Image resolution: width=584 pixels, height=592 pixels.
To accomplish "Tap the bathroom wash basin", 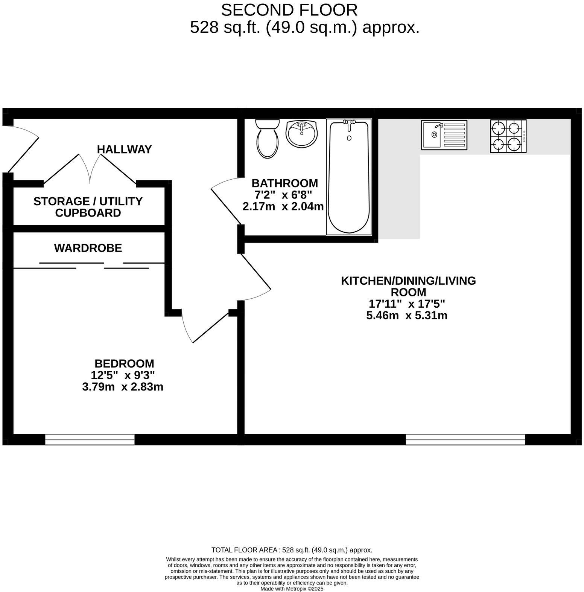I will point(301,133).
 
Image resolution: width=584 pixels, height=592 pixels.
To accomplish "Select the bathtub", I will point(349,177).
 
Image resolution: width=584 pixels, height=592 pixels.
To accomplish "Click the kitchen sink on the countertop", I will point(444,135).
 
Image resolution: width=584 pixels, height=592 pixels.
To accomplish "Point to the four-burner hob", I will point(508,136).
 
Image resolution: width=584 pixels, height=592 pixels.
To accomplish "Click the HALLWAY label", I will point(124,150).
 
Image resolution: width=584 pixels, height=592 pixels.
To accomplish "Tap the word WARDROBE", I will point(88,248).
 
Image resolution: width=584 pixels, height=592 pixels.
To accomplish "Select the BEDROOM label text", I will point(124,364).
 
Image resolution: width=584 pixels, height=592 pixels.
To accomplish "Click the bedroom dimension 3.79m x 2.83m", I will point(123,387).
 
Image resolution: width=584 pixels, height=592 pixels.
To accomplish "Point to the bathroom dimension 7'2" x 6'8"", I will point(283,195).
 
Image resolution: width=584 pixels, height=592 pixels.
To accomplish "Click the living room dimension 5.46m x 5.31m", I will point(407,316).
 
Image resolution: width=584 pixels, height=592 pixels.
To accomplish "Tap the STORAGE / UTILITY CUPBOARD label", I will point(88,207).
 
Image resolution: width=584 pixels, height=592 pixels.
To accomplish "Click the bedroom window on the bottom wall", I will point(90,439).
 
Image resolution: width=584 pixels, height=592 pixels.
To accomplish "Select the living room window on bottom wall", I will point(465,439).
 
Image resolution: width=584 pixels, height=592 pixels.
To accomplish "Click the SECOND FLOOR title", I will point(289,10).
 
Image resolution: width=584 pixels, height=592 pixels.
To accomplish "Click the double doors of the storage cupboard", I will point(90,169).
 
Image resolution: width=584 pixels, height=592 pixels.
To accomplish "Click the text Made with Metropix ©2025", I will point(292,589).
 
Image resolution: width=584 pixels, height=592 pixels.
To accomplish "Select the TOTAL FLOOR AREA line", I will point(292,550).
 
